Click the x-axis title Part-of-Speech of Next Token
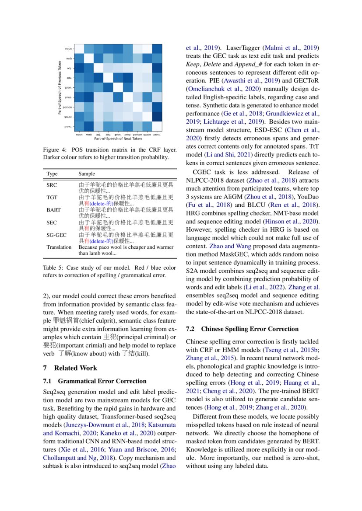[x=118, y=138]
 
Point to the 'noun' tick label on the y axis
[x=69, y=49]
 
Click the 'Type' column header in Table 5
[x=52, y=174]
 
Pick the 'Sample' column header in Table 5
[x=87, y=174]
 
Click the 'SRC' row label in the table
[x=52, y=185]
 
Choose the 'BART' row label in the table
[x=54, y=210]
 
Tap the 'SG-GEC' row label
[x=56, y=235]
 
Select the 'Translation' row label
[x=59, y=247]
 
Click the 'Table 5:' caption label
[x=53, y=268]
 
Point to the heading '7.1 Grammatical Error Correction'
[x=95, y=381]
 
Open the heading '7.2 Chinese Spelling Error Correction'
[x=242, y=329]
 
